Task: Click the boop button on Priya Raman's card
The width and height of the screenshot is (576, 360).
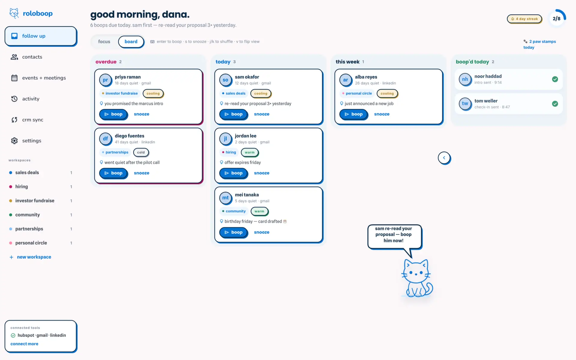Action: [113, 114]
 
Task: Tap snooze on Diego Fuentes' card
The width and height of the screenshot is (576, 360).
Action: [142, 173]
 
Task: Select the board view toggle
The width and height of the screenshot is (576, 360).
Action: [131, 42]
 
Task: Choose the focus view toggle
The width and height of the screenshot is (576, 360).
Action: [104, 42]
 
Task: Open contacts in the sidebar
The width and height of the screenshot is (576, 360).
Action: [32, 57]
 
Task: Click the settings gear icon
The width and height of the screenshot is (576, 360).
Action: [14, 141]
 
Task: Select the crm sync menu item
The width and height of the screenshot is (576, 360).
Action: [33, 120]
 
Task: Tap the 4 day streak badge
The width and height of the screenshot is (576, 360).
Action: [524, 19]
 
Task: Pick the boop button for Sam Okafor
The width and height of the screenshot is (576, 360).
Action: [233, 114]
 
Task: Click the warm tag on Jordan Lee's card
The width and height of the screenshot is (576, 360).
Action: [250, 152]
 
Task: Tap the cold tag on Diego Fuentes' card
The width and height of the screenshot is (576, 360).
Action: [141, 152]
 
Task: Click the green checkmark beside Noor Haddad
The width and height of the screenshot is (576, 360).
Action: [555, 79]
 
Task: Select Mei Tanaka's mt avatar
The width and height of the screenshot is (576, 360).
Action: [225, 198]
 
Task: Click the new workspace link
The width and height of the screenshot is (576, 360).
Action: [30, 257]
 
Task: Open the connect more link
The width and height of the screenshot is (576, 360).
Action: [24, 344]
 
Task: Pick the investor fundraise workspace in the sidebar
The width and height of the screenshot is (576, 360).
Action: [35, 201]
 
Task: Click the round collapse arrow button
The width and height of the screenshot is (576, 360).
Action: [444, 158]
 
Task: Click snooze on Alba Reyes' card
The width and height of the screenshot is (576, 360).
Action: [382, 114]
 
